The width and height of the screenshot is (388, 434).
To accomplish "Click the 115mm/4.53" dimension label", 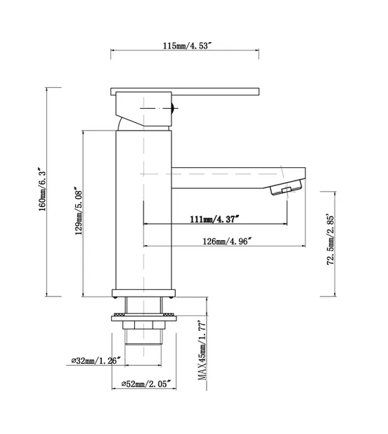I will pos(186,46).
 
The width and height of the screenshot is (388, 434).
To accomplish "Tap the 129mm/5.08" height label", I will pos(79,210).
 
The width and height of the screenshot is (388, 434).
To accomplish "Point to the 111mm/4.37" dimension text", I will pos(214,218).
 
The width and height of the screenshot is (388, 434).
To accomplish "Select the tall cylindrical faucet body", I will pos(143,211).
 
